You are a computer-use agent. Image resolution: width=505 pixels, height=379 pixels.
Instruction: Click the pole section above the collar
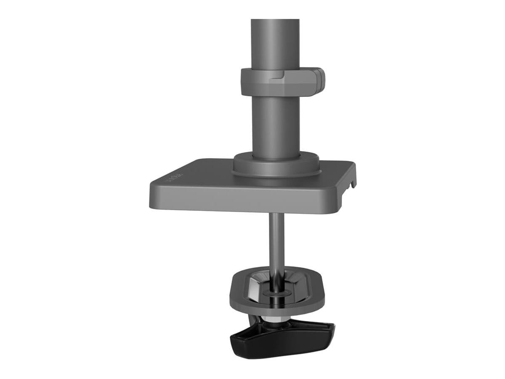[x=275, y=42]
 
